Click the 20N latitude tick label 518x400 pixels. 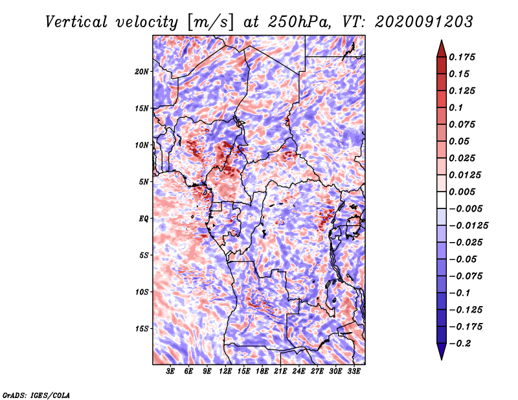point(142,71)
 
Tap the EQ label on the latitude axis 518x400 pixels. point(144,219)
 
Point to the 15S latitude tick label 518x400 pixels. point(142,329)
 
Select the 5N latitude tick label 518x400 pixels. point(144,182)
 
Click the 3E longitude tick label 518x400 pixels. point(171,372)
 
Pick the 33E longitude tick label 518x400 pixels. point(354,372)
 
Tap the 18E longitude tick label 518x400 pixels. point(262,372)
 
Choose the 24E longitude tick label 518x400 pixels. point(298,372)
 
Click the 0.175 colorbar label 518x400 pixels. point(462,57)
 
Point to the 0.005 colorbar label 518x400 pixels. point(462,192)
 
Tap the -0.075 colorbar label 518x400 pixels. point(465,276)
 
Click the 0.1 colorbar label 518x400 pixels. point(456,107)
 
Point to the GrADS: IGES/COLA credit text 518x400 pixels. point(36,394)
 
